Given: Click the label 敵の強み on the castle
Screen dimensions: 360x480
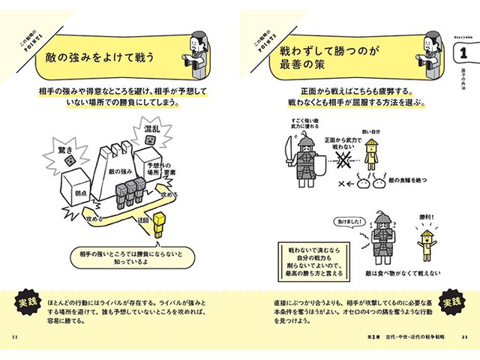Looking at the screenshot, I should pos(121,172).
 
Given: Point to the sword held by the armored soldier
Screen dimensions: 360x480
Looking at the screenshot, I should pos(287,153).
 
